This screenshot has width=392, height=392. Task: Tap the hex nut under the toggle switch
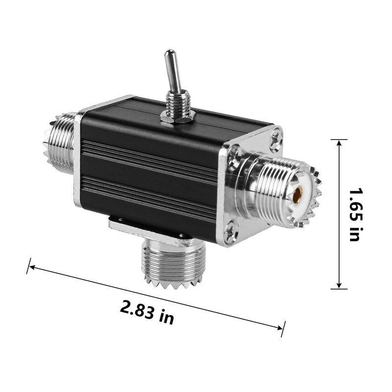[x=178, y=116]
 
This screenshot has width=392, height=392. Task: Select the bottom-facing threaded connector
[x=173, y=265]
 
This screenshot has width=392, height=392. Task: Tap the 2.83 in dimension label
[x=147, y=312]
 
